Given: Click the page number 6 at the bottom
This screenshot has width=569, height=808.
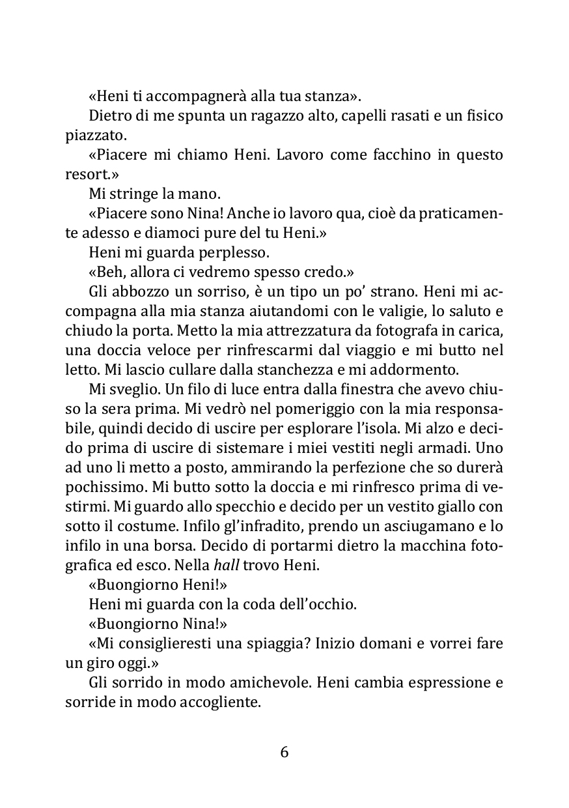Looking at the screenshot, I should click(284, 752).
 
